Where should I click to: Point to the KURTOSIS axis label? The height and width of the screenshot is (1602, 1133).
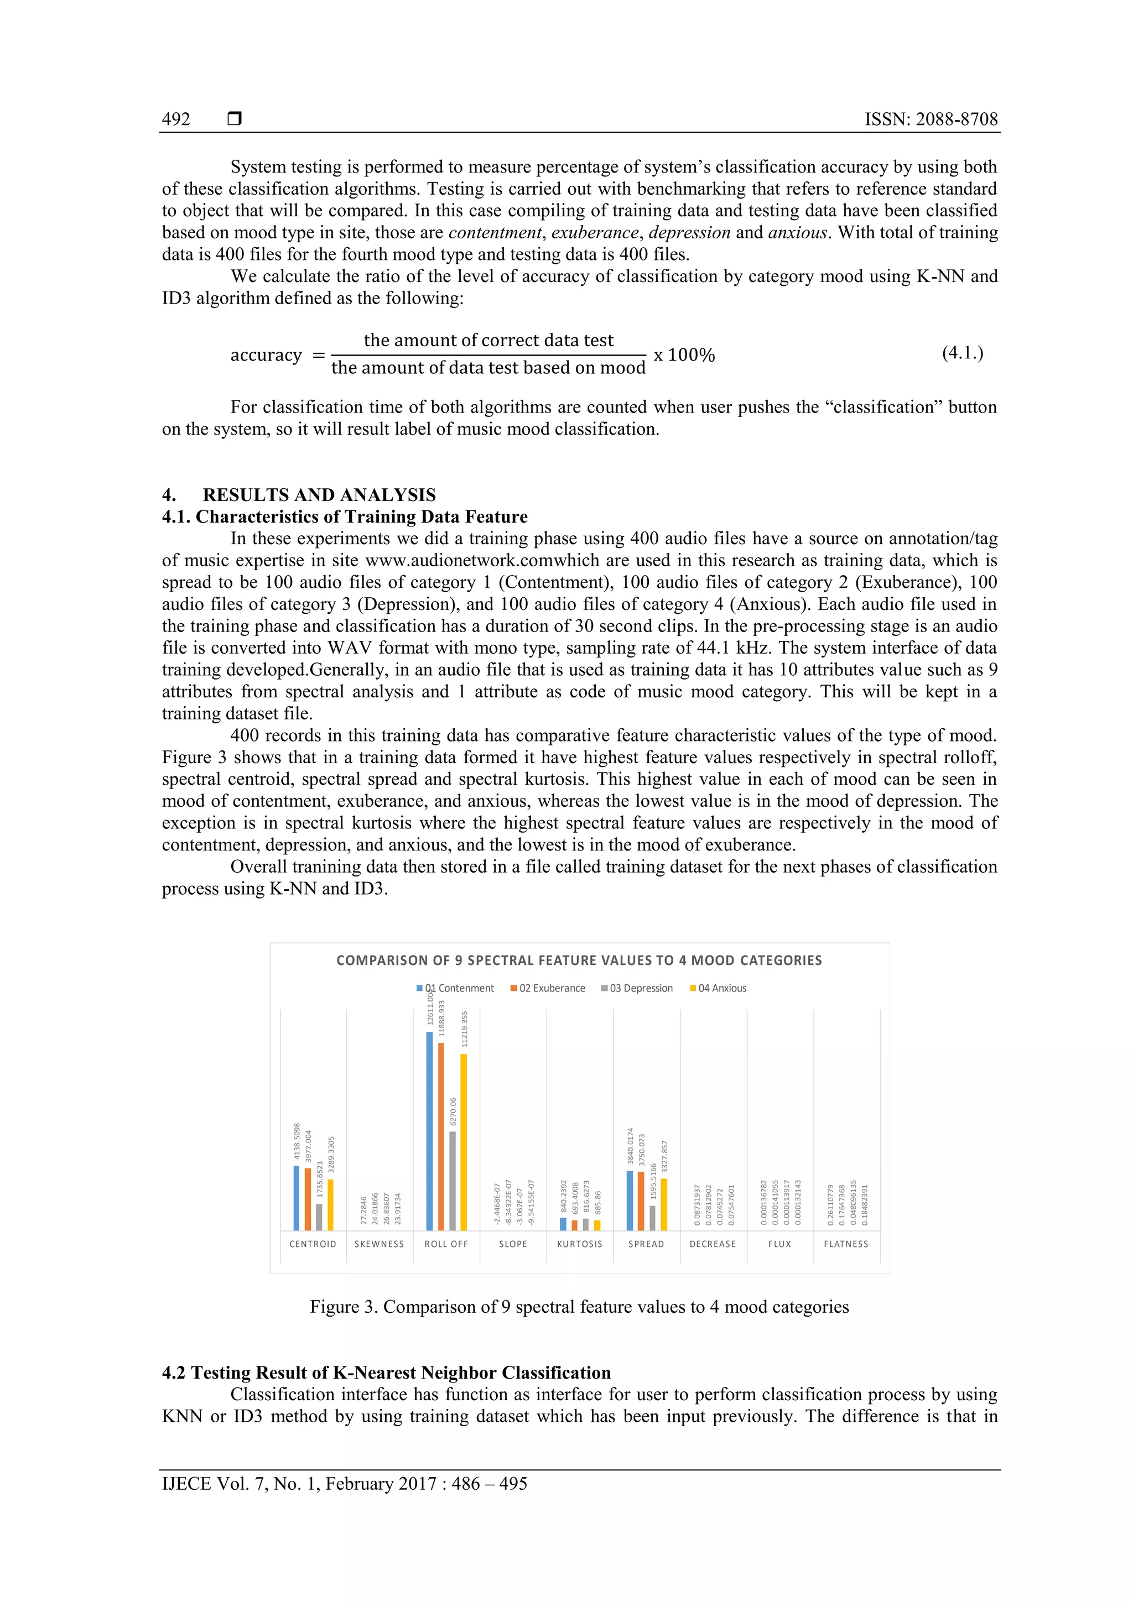pos(579,1244)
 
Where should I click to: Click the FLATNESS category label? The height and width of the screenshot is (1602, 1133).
pos(846,1244)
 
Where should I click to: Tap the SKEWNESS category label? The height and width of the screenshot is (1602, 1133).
pos(379,1244)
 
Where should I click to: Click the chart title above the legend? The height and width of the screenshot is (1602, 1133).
pos(579,960)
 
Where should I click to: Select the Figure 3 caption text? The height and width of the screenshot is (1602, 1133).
pos(579,1307)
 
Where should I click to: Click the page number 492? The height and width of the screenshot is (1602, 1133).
pos(176,119)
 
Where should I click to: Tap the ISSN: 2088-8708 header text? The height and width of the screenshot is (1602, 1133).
pos(931,119)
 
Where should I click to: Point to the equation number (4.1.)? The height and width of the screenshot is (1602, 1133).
pos(962,353)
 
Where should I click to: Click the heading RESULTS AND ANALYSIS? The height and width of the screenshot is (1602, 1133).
pos(319,495)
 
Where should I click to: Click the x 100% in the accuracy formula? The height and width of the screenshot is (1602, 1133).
pos(684,355)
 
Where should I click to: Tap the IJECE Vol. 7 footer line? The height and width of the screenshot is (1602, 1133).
pos(344,1484)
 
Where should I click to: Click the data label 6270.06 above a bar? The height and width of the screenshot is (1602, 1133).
pos(453,1112)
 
